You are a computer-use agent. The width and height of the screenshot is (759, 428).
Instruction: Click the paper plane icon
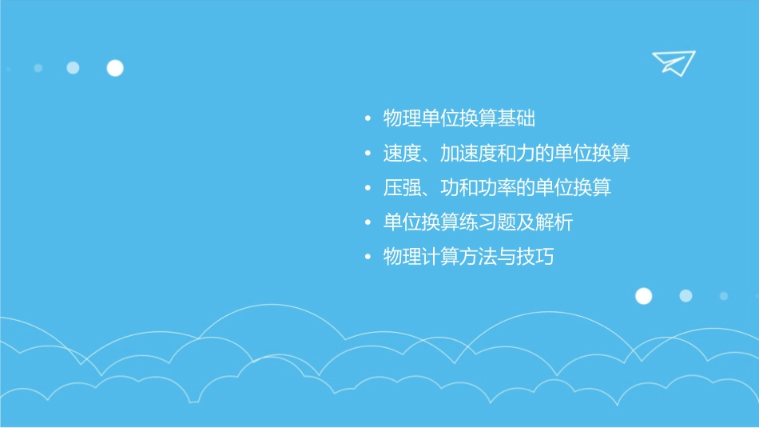(x=673, y=62)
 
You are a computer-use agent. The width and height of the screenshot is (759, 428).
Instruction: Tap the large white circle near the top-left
(x=115, y=68)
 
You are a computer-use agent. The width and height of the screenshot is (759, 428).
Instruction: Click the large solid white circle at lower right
(x=643, y=296)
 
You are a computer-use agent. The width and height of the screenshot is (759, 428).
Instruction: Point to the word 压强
(x=402, y=188)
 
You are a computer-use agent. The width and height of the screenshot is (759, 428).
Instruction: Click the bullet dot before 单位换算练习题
(x=368, y=223)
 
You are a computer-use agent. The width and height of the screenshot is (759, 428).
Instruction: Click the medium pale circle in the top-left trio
(x=73, y=68)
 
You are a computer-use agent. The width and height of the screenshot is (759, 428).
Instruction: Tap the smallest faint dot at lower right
(x=724, y=296)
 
